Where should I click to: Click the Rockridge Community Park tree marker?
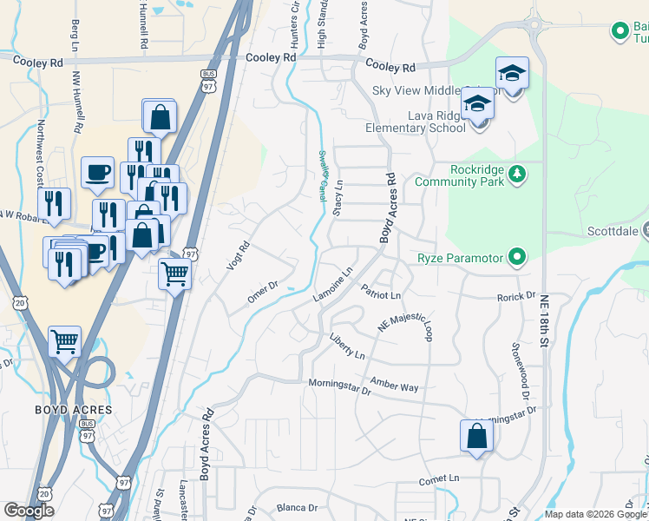[x=517, y=174]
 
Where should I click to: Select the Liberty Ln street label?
[x=346, y=345]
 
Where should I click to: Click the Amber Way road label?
[x=394, y=383]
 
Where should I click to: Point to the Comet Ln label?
[x=438, y=478]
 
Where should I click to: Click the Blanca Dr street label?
[x=298, y=507]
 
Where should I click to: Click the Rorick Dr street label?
[x=517, y=296]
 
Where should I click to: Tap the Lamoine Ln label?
[x=332, y=286]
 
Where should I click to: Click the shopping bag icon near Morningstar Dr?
[x=477, y=435]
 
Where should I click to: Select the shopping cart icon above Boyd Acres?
[x=65, y=340]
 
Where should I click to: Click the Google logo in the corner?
[x=29, y=511]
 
